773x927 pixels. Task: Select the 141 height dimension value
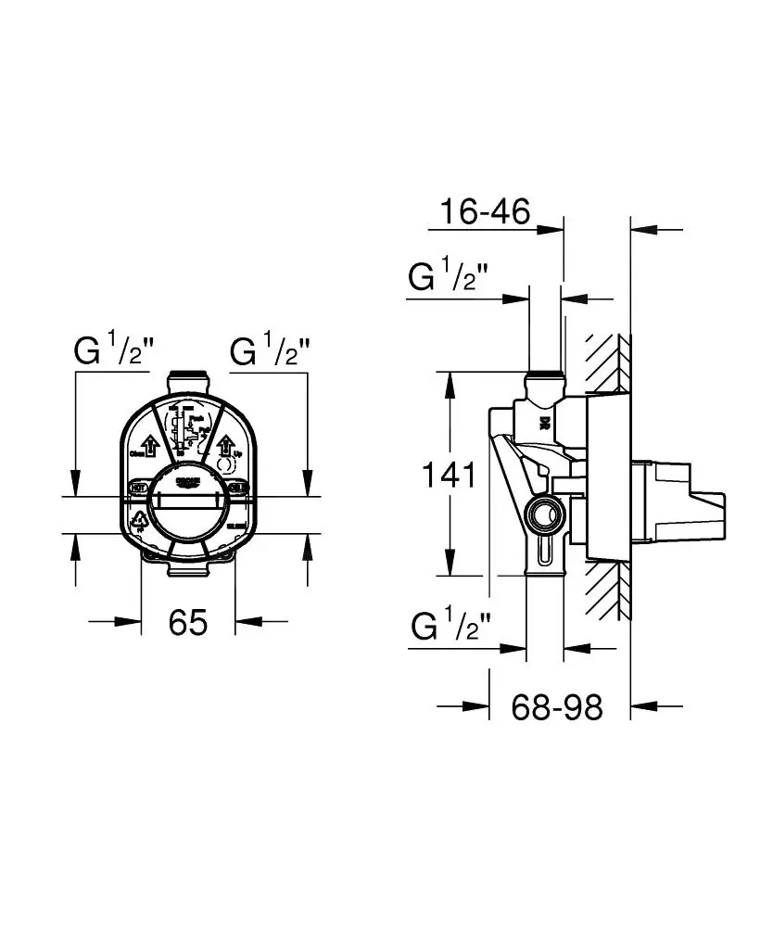[449, 475]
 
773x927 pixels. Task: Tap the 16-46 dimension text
[485, 211]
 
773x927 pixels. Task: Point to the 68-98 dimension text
[557, 707]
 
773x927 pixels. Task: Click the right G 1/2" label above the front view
[269, 352]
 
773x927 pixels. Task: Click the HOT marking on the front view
[138, 486]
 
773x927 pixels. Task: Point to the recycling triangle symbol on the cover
[139, 521]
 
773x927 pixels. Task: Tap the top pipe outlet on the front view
[189, 381]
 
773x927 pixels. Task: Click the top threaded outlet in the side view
[543, 380]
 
